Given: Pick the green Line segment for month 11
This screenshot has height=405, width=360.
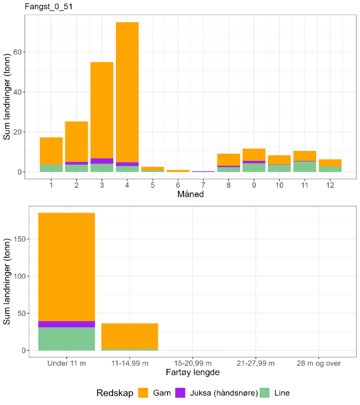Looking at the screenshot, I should (x=305, y=166).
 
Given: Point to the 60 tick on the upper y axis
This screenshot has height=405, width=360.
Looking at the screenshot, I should (x=18, y=52).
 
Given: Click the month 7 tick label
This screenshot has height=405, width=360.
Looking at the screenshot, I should (x=203, y=184).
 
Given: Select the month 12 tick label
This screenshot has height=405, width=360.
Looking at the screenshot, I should (x=329, y=184).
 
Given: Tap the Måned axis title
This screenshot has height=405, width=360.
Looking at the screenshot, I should (x=190, y=194).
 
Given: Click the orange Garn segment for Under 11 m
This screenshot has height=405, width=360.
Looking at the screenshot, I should (x=67, y=266).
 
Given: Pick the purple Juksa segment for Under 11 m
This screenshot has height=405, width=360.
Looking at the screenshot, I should (x=67, y=324).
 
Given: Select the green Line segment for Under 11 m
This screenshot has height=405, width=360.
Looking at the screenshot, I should (x=67, y=339).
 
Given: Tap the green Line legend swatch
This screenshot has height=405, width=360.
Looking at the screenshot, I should (x=269, y=393).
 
